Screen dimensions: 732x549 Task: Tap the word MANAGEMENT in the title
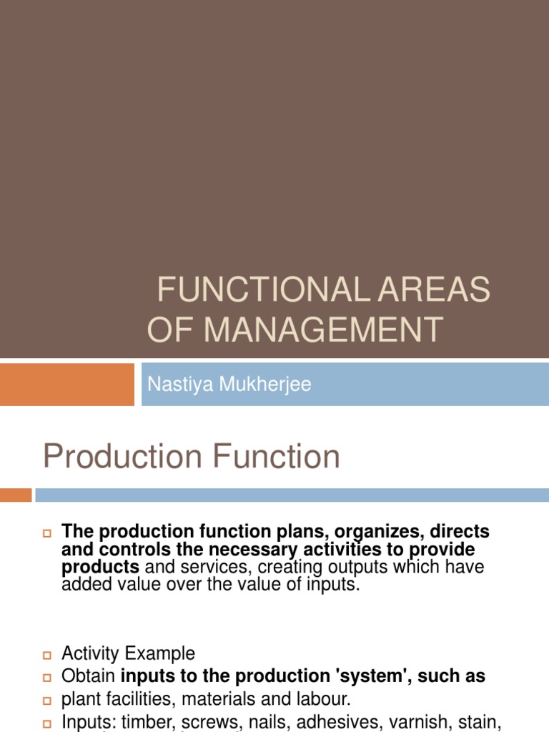pyautogui.click(x=323, y=330)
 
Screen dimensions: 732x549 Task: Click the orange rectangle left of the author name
pyautogui.click(x=66, y=384)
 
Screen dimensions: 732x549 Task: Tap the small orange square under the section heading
pyautogui.click(x=16, y=495)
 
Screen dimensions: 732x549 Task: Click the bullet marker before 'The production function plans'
pyautogui.click(x=48, y=533)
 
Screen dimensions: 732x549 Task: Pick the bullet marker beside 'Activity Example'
pyautogui.click(x=48, y=655)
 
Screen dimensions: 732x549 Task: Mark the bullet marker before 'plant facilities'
pyautogui.click(x=48, y=699)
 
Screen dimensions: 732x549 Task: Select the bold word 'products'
pyautogui.click(x=101, y=567)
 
